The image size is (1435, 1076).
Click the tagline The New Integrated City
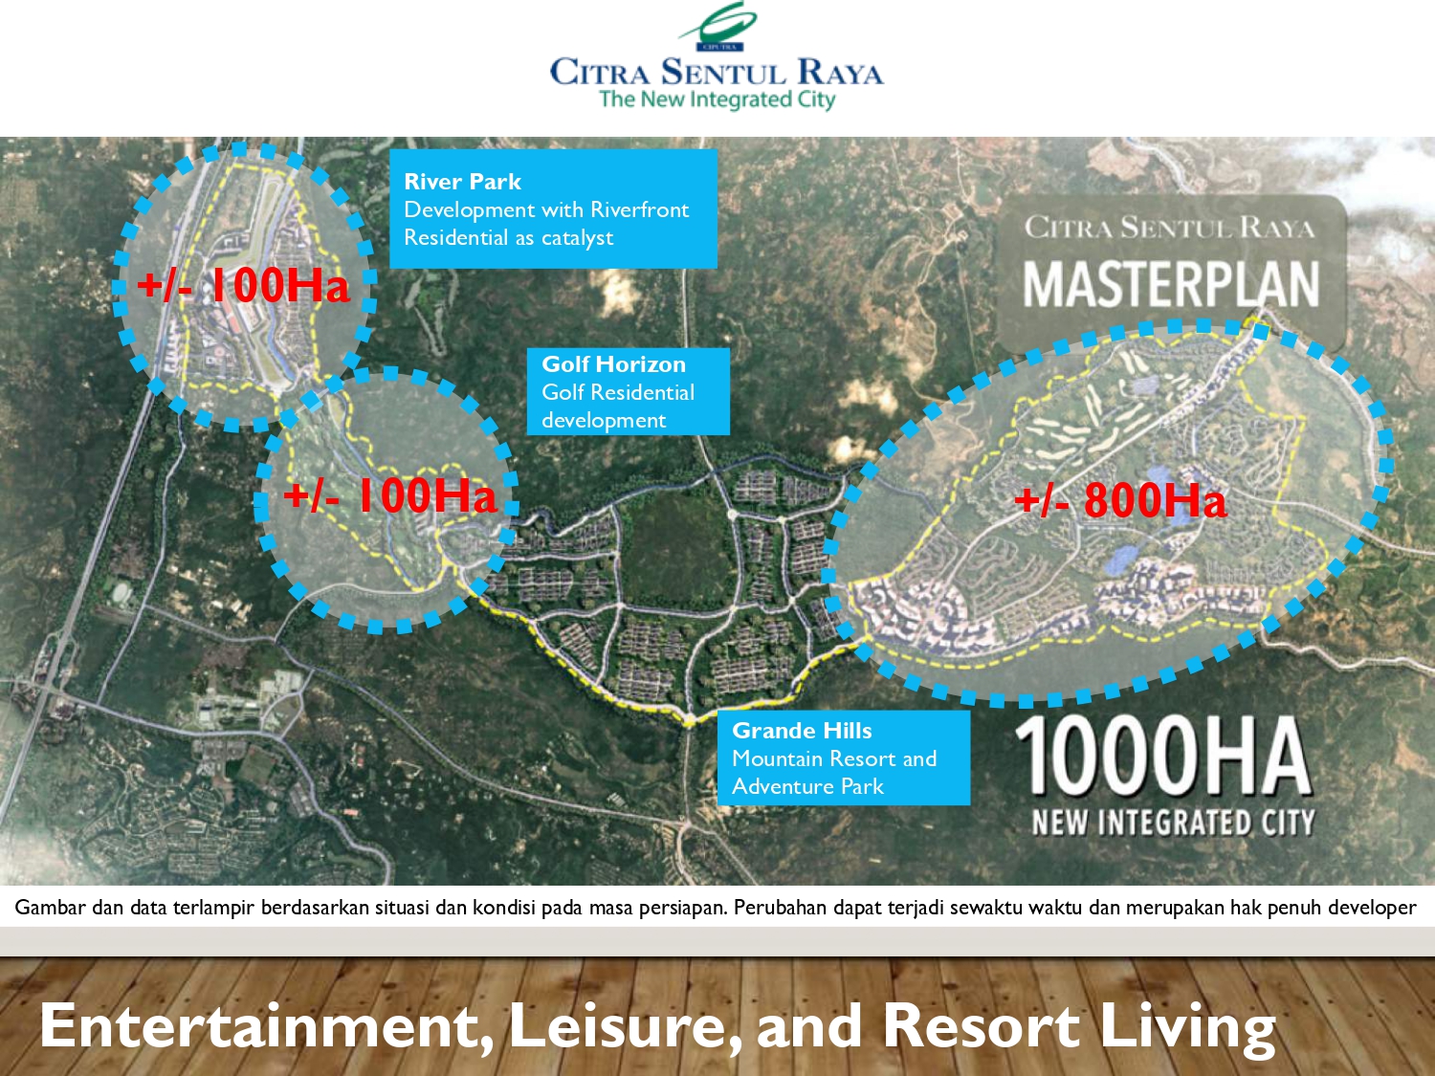point(717,99)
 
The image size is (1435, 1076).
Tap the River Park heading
point(462,182)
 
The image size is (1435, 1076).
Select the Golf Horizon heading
point(613,364)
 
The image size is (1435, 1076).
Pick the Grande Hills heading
point(802,731)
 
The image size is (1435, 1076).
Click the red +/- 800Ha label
point(1119,500)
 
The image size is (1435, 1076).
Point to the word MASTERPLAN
point(1171,285)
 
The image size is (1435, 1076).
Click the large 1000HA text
point(1162,757)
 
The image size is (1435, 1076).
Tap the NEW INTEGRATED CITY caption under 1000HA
point(1173,823)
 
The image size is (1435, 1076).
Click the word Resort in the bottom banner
point(981,1025)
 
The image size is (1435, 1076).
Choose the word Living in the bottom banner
point(1187,1025)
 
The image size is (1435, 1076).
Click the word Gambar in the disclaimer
point(50,908)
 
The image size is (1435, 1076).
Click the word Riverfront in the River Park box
point(639,209)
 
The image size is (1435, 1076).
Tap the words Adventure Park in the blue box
point(807,786)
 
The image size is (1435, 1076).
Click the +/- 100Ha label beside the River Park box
point(243,285)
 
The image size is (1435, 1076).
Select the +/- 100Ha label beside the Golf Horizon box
point(390,495)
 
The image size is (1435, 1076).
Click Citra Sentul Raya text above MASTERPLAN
point(1169,228)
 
